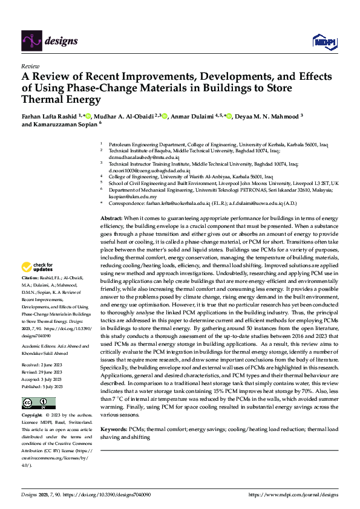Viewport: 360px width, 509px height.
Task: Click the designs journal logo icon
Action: [31, 41]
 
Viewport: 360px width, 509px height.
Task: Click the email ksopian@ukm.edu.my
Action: [133, 196]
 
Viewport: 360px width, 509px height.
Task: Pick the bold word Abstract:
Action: [112, 218]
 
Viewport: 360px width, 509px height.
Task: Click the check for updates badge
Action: [36, 267]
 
